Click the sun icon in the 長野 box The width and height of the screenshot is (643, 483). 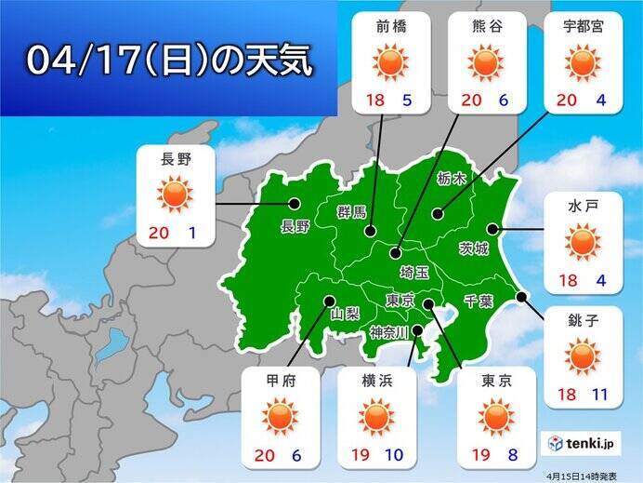point(175,195)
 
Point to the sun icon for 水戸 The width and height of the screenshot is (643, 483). point(583,242)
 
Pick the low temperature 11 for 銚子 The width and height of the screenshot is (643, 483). point(599,395)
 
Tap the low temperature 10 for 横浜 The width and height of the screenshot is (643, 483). point(395,455)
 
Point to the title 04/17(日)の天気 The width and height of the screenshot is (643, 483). point(168,60)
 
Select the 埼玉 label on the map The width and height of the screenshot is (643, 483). point(413,271)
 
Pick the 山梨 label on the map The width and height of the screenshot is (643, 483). point(345,314)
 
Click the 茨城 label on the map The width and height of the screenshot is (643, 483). point(472,248)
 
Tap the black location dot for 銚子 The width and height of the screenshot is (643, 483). point(521,297)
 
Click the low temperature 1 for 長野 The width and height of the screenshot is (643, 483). point(191,235)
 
